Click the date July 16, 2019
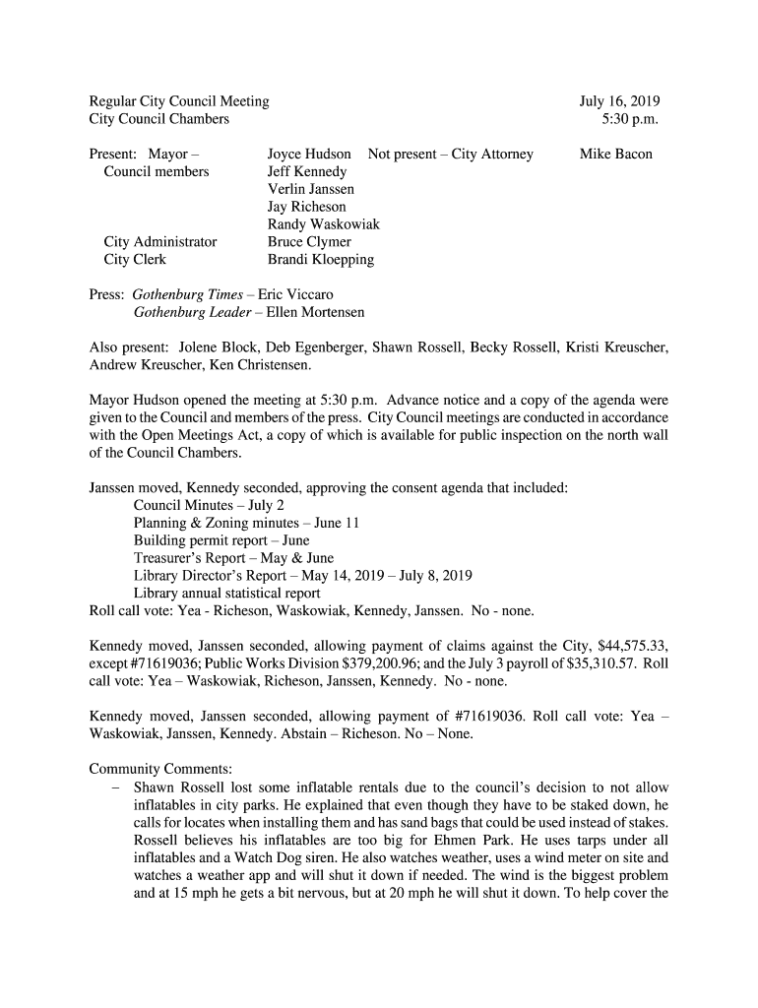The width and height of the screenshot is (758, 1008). [x=619, y=101]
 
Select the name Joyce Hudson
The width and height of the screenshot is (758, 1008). [x=309, y=155]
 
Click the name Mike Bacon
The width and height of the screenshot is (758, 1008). [x=615, y=155]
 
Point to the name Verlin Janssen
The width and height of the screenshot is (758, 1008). [x=310, y=189]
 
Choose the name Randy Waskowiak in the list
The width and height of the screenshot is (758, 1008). [x=323, y=224]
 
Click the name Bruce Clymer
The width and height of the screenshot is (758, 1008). [x=309, y=242]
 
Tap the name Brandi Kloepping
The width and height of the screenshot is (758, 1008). [x=321, y=260]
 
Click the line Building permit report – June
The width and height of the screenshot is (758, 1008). [x=221, y=540]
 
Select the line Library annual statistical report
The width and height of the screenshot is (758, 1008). [x=226, y=594]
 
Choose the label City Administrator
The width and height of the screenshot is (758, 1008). [x=160, y=242]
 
